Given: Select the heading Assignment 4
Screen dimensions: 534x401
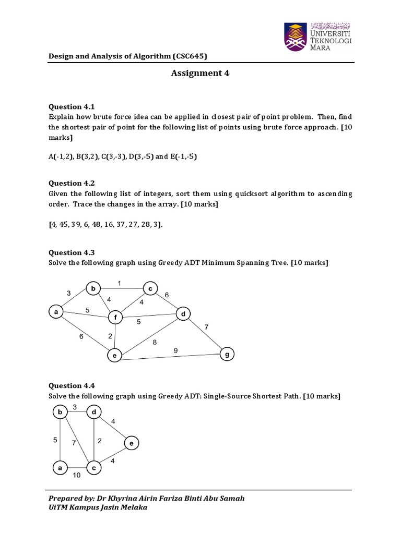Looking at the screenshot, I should pos(200,74).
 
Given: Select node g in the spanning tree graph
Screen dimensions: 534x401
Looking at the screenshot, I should pos(227,354).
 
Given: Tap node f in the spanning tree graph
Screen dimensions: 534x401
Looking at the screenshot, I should pos(115,317).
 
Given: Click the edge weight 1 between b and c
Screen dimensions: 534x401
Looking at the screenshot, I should pos(119,283).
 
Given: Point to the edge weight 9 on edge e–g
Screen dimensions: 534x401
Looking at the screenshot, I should pos(175,350).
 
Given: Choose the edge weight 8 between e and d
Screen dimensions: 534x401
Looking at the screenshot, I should pos(154,342).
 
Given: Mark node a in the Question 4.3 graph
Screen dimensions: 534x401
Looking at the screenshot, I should pos(55,312).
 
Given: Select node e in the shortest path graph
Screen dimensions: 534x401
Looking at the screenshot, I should pos(131,444).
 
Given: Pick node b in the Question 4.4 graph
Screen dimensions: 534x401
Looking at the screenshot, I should pos(61,412).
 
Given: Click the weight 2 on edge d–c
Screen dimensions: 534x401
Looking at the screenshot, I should pos(99,441).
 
